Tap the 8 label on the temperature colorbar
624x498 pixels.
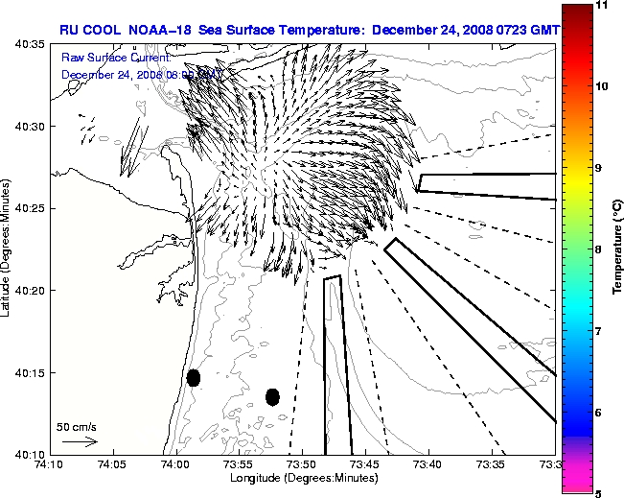600,249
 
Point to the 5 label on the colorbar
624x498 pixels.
600,493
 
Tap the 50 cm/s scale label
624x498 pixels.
77,426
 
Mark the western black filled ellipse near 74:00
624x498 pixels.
194,377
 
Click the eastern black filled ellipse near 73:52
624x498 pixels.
272,396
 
